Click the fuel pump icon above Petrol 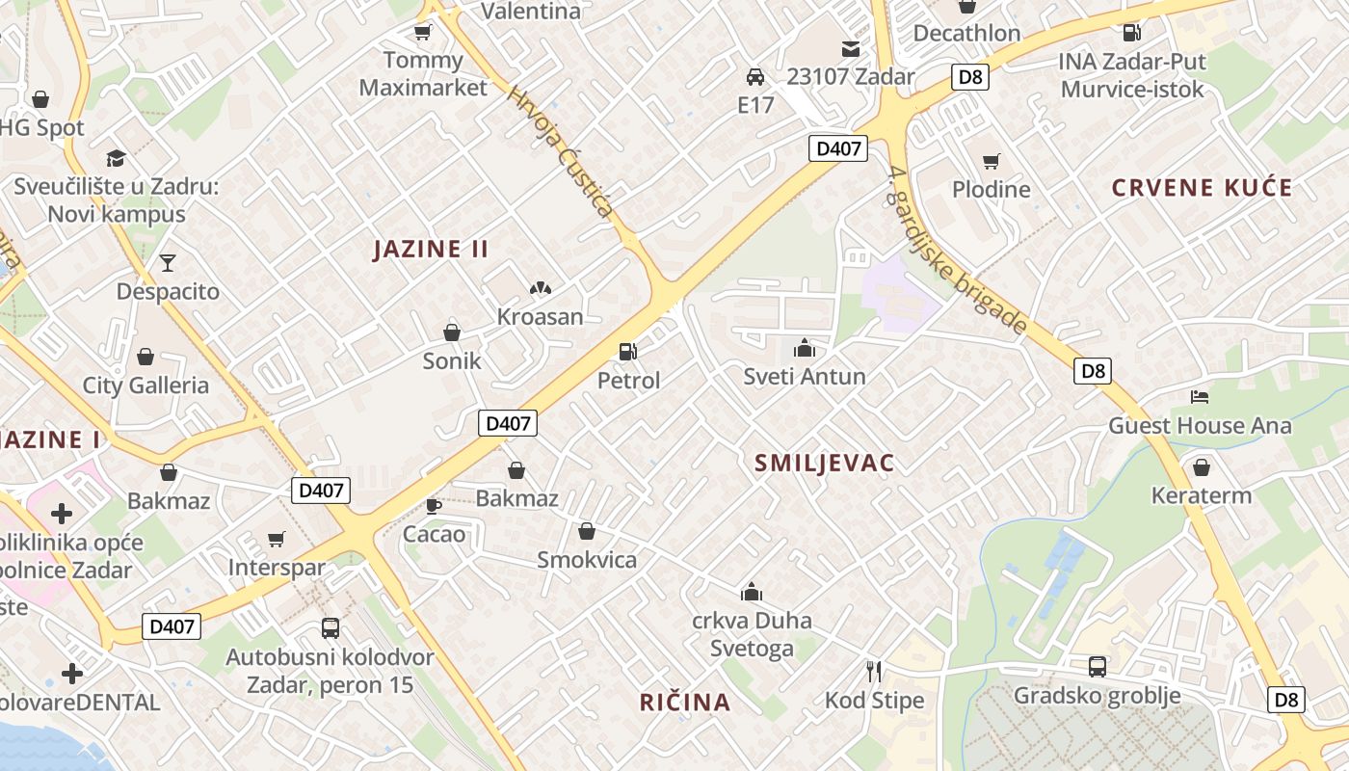[x=628, y=352]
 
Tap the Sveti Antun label [x=805, y=377]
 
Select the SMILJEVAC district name [x=824, y=463]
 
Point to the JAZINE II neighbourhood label [x=431, y=249]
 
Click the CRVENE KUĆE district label [x=1202, y=187]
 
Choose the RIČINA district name [x=685, y=702]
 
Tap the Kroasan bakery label [x=540, y=316]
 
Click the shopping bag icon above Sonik [x=451, y=332]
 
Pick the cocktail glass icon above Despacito [x=168, y=262]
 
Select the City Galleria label [x=145, y=385]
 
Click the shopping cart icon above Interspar [x=277, y=539]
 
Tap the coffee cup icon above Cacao [x=434, y=505]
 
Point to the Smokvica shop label [x=587, y=560]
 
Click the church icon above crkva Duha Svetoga [x=751, y=592]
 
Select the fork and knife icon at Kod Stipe [x=874, y=671]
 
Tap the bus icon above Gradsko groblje [x=1097, y=666]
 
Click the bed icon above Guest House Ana [x=1200, y=396]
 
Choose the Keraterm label [x=1202, y=496]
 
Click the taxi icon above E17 [x=755, y=76]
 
